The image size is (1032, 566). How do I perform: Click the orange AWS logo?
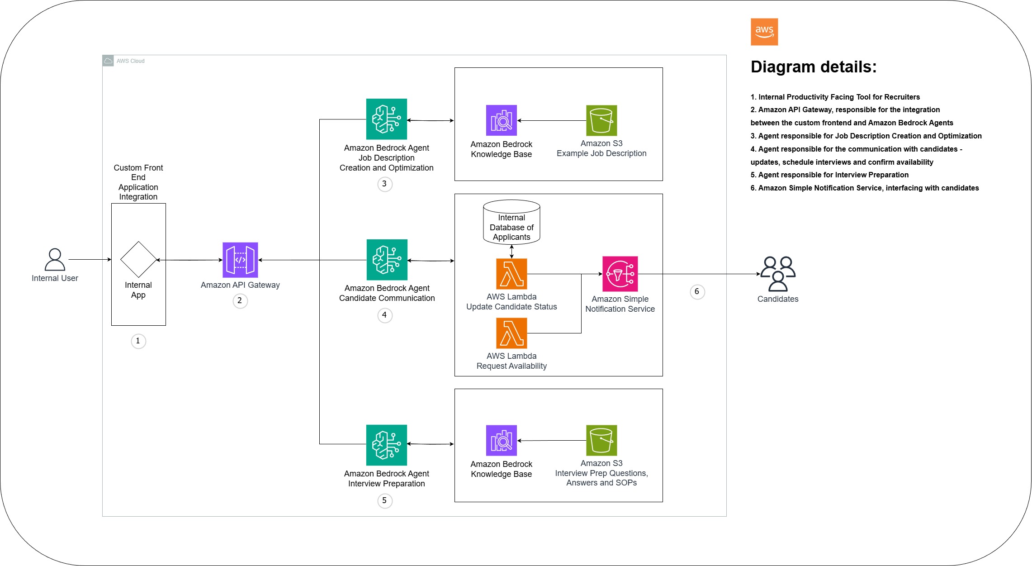pos(764,32)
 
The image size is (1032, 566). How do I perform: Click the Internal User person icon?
pos(55,260)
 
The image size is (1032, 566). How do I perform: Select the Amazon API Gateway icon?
pos(240,260)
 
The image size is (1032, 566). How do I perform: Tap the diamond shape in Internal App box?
pos(138,259)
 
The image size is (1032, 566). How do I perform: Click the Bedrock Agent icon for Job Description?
pos(386,119)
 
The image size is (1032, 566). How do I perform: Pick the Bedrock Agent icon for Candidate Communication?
pos(387,260)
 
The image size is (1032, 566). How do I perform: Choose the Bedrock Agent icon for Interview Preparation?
pos(386,445)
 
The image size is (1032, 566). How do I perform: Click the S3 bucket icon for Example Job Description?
pos(601,120)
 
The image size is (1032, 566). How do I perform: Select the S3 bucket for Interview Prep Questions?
pos(601,440)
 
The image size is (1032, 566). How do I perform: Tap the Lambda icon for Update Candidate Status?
pos(511,274)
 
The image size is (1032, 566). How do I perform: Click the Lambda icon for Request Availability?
pos(511,333)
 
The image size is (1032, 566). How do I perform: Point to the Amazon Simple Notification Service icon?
pos(620,274)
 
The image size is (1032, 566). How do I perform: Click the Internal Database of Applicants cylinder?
pos(511,222)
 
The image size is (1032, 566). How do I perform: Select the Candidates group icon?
pos(778,274)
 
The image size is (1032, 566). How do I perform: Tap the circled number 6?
pos(697,291)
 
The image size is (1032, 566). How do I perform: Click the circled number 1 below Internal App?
pos(138,341)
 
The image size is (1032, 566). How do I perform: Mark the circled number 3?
pos(384,184)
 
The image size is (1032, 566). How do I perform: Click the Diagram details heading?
pos(814,67)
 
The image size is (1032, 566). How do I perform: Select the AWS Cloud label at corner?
pos(130,61)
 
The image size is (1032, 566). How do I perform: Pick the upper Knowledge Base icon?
pos(501,120)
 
